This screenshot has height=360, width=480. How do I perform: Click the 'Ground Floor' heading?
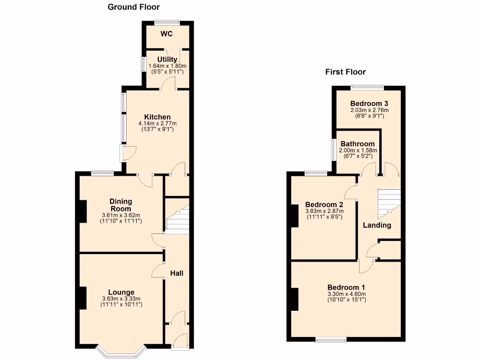click(134, 7)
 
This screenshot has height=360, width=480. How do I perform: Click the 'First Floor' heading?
click(345, 72)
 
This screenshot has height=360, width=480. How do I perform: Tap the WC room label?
click(167, 34)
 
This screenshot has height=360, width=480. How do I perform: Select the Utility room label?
click(167, 60)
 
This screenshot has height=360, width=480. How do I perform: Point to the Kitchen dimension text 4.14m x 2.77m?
click(157, 123)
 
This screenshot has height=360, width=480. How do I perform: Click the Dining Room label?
click(121, 205)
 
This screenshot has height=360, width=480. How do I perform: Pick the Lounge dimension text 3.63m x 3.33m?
click(121, 299)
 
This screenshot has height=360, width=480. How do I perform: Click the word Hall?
click(177, 273)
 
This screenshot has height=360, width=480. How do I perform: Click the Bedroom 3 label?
click(369, 104)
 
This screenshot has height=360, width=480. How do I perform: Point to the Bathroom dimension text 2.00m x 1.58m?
click(358, 150)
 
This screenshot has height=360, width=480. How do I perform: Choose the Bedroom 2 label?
click(324, 205)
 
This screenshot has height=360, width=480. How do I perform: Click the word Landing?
click(377, 225)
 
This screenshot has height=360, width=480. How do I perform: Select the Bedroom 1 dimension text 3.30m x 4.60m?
click(346, 294)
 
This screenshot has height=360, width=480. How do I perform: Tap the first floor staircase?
click(389, 202)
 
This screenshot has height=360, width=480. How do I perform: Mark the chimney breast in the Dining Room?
click(82, 211)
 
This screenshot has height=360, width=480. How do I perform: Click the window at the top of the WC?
click(167, 22)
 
